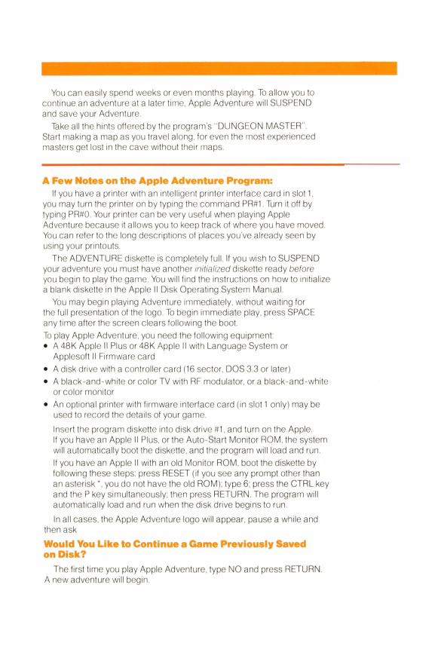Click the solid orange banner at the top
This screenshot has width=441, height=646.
pyautogui.click(x=220, y=68)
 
